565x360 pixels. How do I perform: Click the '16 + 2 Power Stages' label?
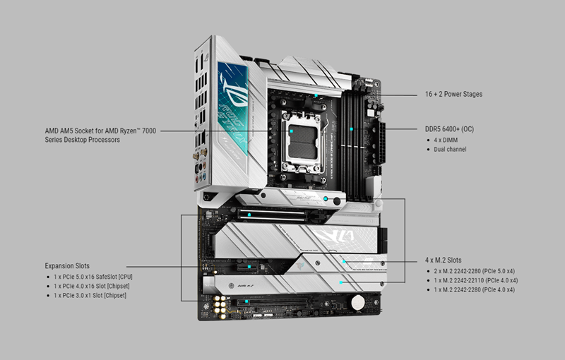click(453, 95)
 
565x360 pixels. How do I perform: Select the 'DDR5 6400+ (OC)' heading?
click(449, 129)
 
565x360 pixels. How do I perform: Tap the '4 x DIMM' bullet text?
click(446, 140)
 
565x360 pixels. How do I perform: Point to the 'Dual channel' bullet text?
click(450, 150)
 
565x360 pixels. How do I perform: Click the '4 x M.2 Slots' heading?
click(444, 260)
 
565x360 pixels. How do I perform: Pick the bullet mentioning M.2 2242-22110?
click(475, 280)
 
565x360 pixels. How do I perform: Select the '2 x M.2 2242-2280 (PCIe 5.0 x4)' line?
click(474, 271)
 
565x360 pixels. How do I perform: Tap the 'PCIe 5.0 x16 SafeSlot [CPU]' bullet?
click(93, 277)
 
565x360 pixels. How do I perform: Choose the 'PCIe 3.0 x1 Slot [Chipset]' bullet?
click(90, 296)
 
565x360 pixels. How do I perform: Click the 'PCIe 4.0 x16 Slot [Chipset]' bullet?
click(92, 286)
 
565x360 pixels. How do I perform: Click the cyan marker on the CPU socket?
click(292, 131)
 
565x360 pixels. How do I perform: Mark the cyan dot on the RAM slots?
click(351, 129)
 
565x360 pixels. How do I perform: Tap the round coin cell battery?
click(358, 302)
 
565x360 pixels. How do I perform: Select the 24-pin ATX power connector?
click(381, 143)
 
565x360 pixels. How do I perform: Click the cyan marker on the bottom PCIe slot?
click(246, 301)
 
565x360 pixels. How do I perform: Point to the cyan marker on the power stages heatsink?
click(316, 95)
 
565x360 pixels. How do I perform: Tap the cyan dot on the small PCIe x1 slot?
click(249, 267)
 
